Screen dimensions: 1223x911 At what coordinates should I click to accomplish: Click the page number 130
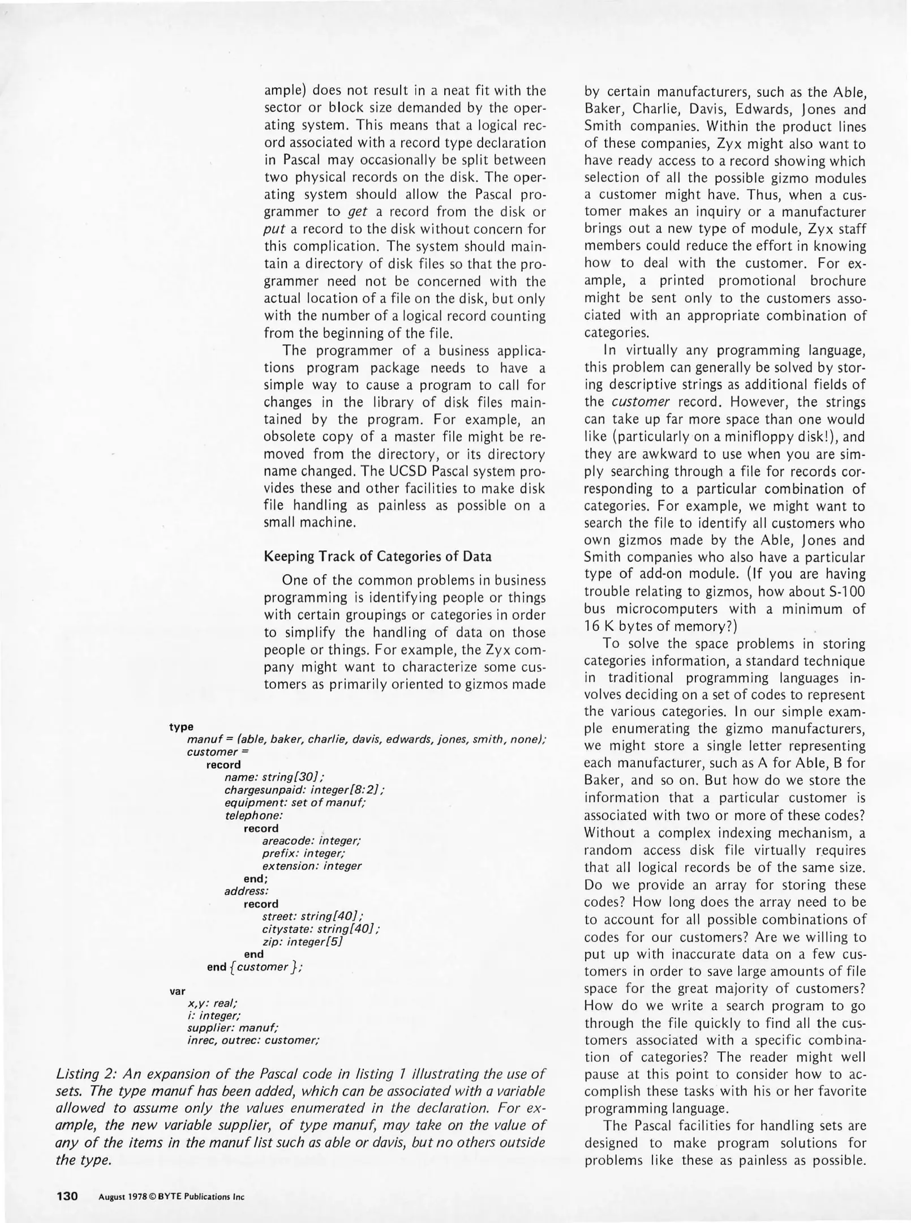coord(67,1196)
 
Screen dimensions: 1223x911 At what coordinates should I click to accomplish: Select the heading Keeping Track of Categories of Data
coord(377,556)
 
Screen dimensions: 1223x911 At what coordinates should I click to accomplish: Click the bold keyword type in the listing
coord(181,726)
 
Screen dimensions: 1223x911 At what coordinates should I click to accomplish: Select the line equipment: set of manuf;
coord(295,803)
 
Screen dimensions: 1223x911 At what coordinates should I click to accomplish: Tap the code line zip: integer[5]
coord(303,942)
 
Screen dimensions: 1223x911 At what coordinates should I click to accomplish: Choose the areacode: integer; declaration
coord(312,841)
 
